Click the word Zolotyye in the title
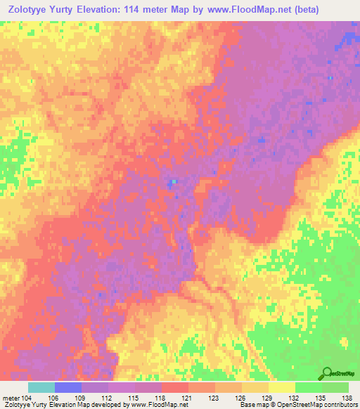[x=30, y=10]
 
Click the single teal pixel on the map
[x=174, y=183]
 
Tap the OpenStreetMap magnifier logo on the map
[x=328, y=374]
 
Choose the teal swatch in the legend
[x=41, y=387]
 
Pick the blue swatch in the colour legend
[x=67, y=387]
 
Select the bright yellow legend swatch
[x=281, y=387]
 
